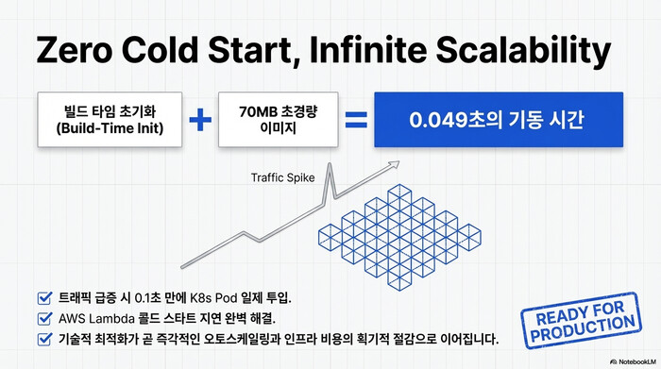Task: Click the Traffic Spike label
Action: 282,177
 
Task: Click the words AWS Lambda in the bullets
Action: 89,317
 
